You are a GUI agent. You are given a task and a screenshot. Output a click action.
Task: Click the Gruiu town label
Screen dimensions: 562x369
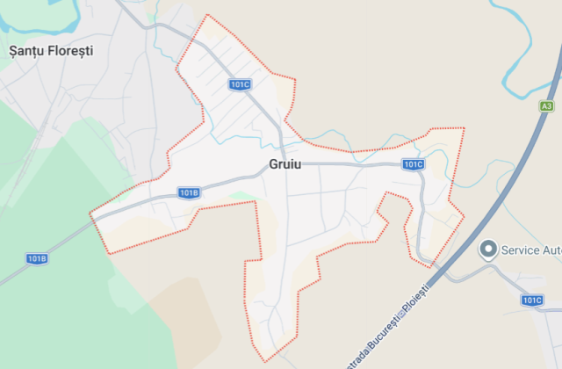pos(285,164)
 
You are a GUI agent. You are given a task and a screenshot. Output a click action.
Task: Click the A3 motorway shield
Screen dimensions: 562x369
pos(547,106)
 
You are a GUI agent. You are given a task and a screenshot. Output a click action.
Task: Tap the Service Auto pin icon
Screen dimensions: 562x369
pos(487,250)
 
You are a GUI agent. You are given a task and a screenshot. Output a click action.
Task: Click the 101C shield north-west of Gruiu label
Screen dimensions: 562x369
pos(240,84)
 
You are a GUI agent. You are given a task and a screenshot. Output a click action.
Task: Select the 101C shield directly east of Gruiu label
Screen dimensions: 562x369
pos(414,164)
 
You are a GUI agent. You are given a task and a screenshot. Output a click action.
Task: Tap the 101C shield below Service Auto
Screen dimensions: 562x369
pos(532,300)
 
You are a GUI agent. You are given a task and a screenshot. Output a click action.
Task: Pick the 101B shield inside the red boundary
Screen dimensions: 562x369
pos(189,192)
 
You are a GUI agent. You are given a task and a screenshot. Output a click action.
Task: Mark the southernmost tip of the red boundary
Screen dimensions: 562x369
pos(263,361)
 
